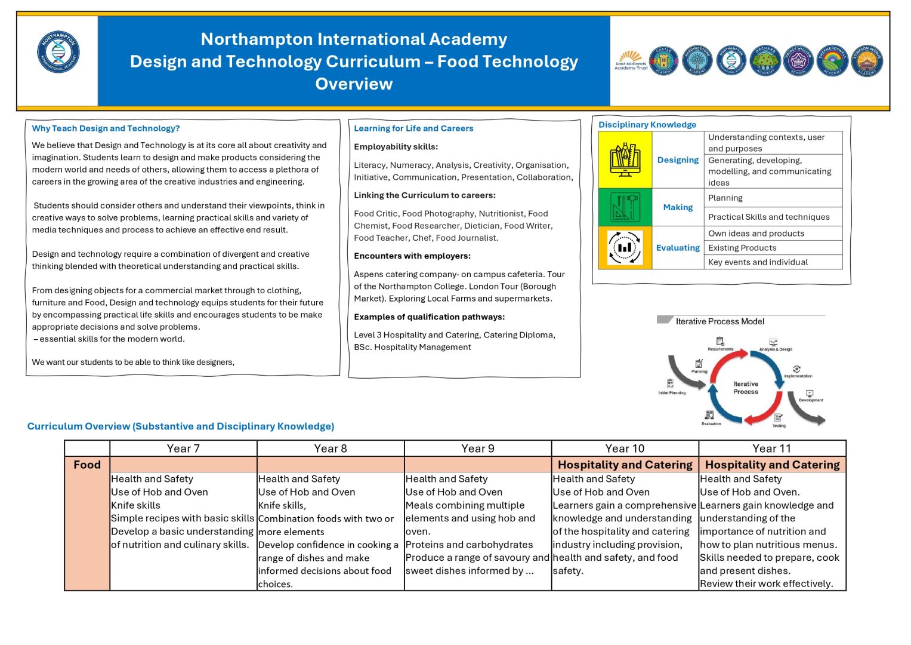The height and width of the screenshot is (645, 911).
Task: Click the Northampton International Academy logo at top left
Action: coord(58,53)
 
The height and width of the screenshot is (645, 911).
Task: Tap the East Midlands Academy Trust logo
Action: coord(631,60)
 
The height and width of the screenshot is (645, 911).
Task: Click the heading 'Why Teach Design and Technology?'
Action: coord(106,128)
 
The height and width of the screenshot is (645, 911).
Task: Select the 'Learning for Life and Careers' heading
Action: coord(413,128)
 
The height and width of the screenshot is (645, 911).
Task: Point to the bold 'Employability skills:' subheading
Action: coord(396,147)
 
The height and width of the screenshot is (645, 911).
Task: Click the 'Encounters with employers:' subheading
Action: coord(412,256)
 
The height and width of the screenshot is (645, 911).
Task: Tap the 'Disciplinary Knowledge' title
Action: coord(647,125)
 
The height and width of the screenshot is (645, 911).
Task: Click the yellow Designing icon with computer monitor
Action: coord(625,160)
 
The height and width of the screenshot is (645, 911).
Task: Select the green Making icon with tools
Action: coord(625,207)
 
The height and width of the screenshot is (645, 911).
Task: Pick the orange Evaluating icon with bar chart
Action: coord(625,247)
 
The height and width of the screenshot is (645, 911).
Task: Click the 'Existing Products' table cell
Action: coord(742,248)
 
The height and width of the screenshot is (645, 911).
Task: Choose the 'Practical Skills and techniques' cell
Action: coord(768,217)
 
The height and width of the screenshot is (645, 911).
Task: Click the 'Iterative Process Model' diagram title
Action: coord(719,321)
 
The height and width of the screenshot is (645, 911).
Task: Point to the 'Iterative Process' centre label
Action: coord(746,388)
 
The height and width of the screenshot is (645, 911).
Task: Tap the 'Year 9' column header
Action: coord(478,449)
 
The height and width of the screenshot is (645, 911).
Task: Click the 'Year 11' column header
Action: coord(771,449)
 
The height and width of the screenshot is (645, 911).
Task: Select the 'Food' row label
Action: coord(87,465)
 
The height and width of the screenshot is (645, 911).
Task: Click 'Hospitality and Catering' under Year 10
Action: coord(625,465)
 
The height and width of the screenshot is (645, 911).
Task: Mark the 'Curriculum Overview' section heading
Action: coord(181,426)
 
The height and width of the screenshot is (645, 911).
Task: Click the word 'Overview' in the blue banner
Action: coord(354,84)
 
